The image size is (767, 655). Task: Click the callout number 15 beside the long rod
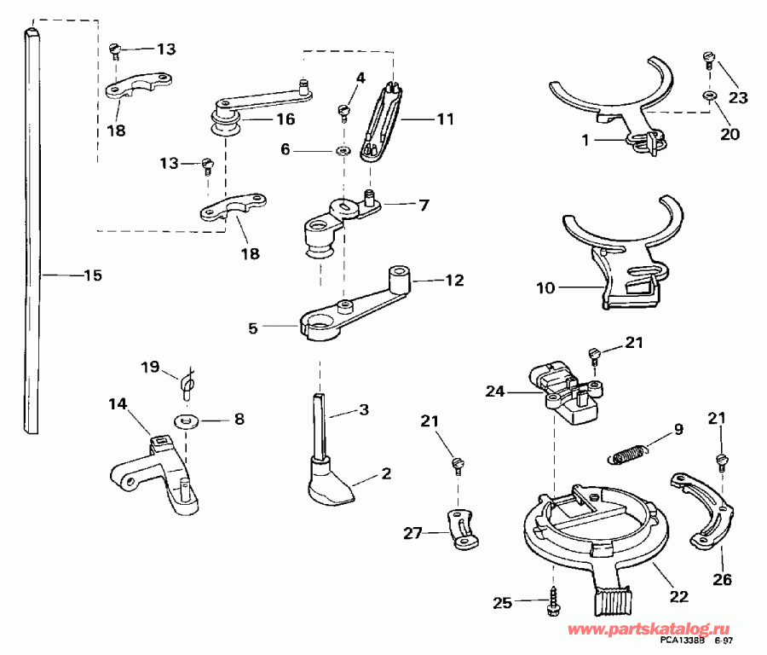click(91, 275)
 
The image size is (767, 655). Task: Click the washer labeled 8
click(185, 420)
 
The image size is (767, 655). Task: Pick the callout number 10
click(545, 288)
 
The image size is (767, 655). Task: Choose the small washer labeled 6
click(343, 150)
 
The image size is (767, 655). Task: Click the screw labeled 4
click(345, 110)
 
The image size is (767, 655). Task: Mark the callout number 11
click(446, 120)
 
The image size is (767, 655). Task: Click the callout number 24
click(520, 392)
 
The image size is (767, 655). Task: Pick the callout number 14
click(117, 403)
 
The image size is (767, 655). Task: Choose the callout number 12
click(455, 280)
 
